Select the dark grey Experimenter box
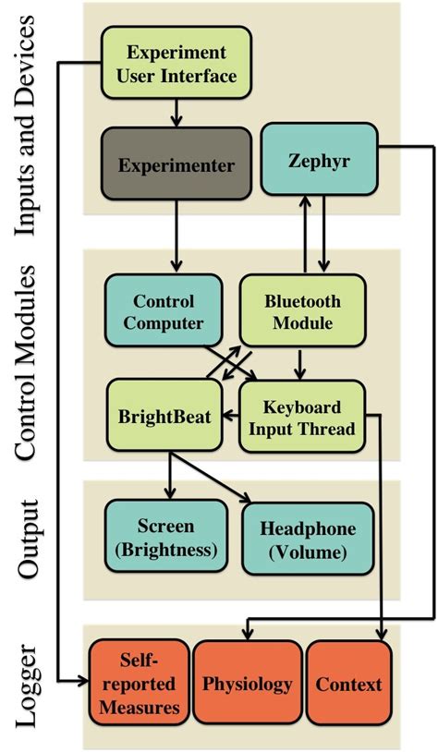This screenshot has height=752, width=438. (176, 165)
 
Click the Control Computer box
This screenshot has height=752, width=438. (164, 310)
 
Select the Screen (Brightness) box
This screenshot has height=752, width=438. (165, 537)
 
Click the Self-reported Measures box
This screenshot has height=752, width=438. (139, 684)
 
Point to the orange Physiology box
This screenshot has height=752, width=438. (248, 684)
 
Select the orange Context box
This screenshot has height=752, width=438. (349, 684)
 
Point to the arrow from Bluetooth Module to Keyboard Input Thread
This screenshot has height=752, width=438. (298, 364)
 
